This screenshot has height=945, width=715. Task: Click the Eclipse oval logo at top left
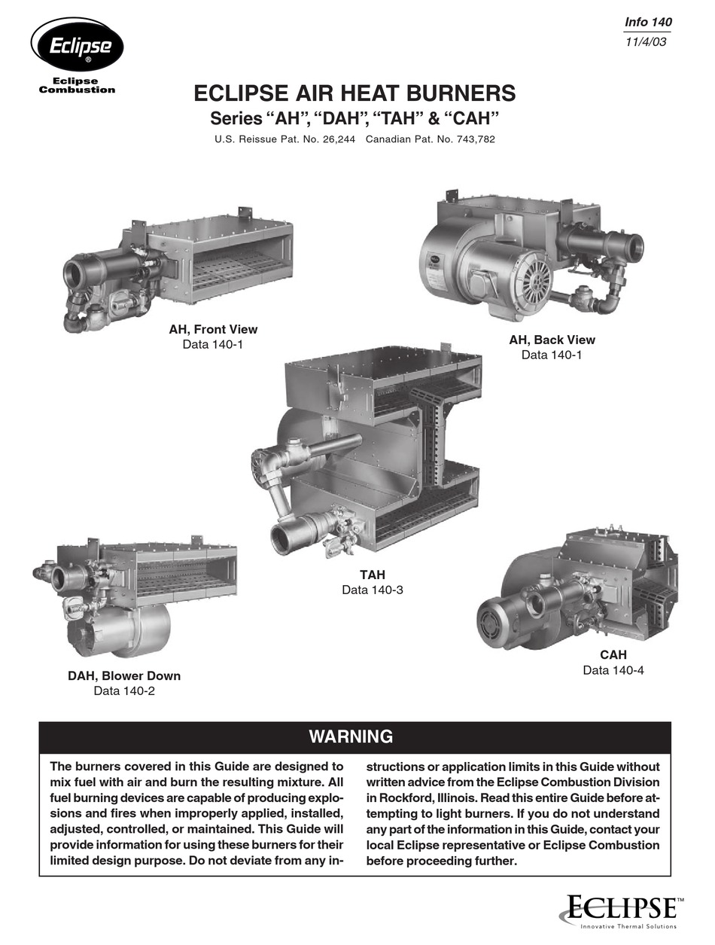77,45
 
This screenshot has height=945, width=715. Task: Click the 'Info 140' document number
648,23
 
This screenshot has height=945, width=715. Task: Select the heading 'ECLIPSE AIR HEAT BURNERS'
354,94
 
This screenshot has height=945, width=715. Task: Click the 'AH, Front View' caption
213,329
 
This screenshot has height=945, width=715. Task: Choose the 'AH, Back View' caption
552,340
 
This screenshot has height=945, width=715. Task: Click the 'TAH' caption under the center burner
372,575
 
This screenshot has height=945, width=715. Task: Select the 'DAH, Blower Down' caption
124,675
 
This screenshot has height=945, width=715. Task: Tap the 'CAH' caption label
613,655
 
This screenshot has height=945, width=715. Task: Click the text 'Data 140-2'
124,690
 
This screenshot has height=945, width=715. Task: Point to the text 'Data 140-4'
613,670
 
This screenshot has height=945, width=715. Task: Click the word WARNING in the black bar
351,736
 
